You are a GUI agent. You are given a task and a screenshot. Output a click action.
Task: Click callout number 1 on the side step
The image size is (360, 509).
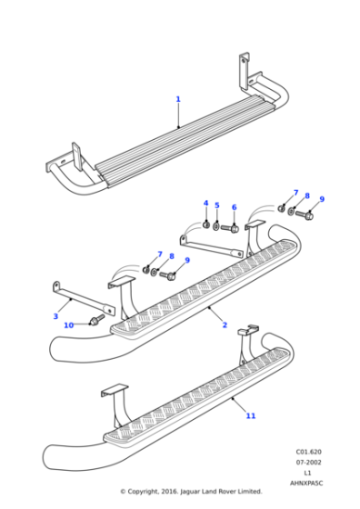178,99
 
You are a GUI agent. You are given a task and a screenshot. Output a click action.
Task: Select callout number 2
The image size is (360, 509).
225,324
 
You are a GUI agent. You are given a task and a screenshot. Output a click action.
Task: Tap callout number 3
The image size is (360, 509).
55,316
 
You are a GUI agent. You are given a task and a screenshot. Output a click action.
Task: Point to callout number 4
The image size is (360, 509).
205,203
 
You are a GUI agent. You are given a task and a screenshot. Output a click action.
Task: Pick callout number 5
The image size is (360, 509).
216,205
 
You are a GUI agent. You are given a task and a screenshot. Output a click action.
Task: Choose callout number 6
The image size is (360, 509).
234,207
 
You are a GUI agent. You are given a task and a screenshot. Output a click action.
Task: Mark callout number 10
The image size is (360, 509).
68,324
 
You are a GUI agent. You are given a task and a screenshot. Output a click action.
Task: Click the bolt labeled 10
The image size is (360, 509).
95,321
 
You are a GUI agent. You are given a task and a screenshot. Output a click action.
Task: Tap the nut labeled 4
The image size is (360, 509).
206,223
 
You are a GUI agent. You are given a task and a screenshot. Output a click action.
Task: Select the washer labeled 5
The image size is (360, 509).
216,225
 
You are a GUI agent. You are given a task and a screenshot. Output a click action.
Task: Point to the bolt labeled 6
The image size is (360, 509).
230,228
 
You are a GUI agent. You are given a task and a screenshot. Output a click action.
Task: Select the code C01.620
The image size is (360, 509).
308,451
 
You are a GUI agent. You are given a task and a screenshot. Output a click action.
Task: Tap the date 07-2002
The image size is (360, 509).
308,462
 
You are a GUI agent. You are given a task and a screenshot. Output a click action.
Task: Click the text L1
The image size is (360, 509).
308,473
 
